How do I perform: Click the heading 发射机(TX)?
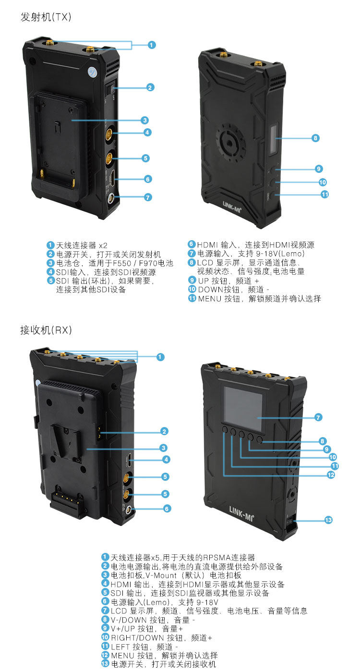46,17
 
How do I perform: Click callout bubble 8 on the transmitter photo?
315,138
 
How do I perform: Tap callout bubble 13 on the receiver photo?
329,520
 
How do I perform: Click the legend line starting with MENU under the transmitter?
259,299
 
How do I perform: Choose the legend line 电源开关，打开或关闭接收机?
163,664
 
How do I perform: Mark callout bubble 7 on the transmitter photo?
148,197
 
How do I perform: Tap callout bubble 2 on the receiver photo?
164,431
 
